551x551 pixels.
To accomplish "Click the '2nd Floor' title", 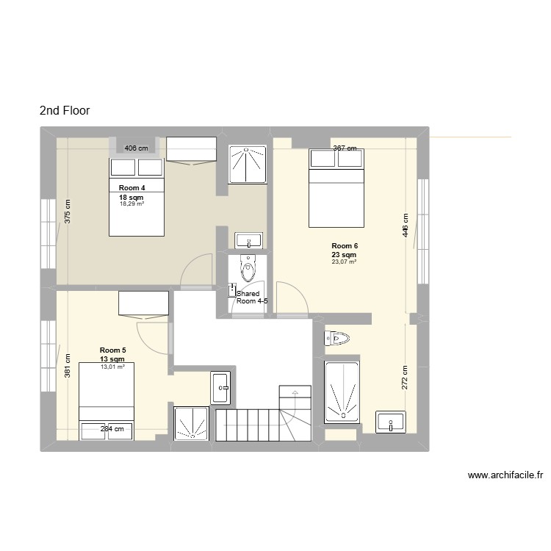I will (x=65, y=111).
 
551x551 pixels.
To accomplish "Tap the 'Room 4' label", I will (x=132, y=188).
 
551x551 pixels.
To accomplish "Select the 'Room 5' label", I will (x=112, y=350).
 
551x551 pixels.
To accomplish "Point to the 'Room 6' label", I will (x=344, y=245).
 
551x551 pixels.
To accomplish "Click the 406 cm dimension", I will (x=136, y=148).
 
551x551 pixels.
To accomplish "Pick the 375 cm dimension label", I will (x=68, y=213).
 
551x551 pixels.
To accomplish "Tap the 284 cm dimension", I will (x=111, y=429).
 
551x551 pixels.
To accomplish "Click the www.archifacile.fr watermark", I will (x=505, y=475).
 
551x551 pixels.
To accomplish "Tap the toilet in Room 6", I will (x=337, y=338).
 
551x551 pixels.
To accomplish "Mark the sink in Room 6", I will (x=391, y=422).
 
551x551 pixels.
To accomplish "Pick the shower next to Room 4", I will (x=247, y=164).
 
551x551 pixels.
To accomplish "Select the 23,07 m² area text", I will (x=344, y=262).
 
